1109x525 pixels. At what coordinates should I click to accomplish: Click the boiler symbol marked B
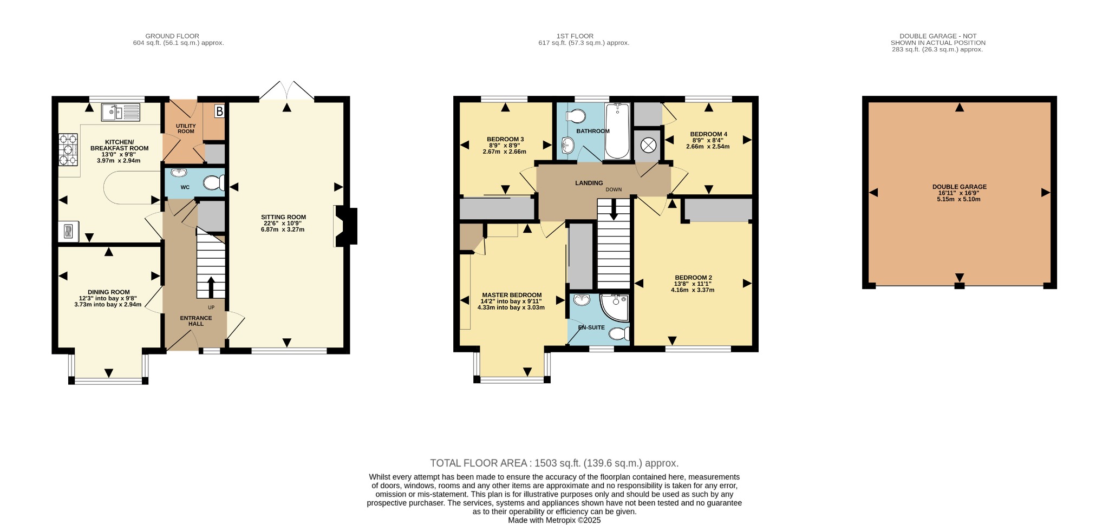219,111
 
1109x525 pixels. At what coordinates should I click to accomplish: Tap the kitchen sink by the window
121,113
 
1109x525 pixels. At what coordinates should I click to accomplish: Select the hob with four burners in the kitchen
68,149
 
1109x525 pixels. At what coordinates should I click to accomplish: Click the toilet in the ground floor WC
214,183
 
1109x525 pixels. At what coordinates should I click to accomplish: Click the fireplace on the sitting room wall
345,226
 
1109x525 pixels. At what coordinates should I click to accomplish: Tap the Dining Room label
109,292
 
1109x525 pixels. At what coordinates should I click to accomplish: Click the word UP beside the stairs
211,307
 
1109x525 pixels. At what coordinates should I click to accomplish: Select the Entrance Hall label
196,321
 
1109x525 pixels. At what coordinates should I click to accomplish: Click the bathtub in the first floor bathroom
617,130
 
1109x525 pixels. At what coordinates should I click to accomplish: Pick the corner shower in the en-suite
615,307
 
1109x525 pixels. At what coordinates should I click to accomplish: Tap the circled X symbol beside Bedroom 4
648,145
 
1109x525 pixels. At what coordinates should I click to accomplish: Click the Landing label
589,183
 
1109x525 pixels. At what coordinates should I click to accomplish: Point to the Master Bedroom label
512,295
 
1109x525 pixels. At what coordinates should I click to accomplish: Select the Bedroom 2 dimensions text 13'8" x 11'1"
693,284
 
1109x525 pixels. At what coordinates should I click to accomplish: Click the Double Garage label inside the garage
959,187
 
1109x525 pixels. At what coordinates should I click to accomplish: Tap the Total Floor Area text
554,463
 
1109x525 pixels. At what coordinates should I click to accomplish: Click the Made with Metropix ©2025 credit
554,520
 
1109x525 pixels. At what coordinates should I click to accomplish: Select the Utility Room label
186,128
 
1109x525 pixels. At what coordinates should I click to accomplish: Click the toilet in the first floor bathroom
575,116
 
